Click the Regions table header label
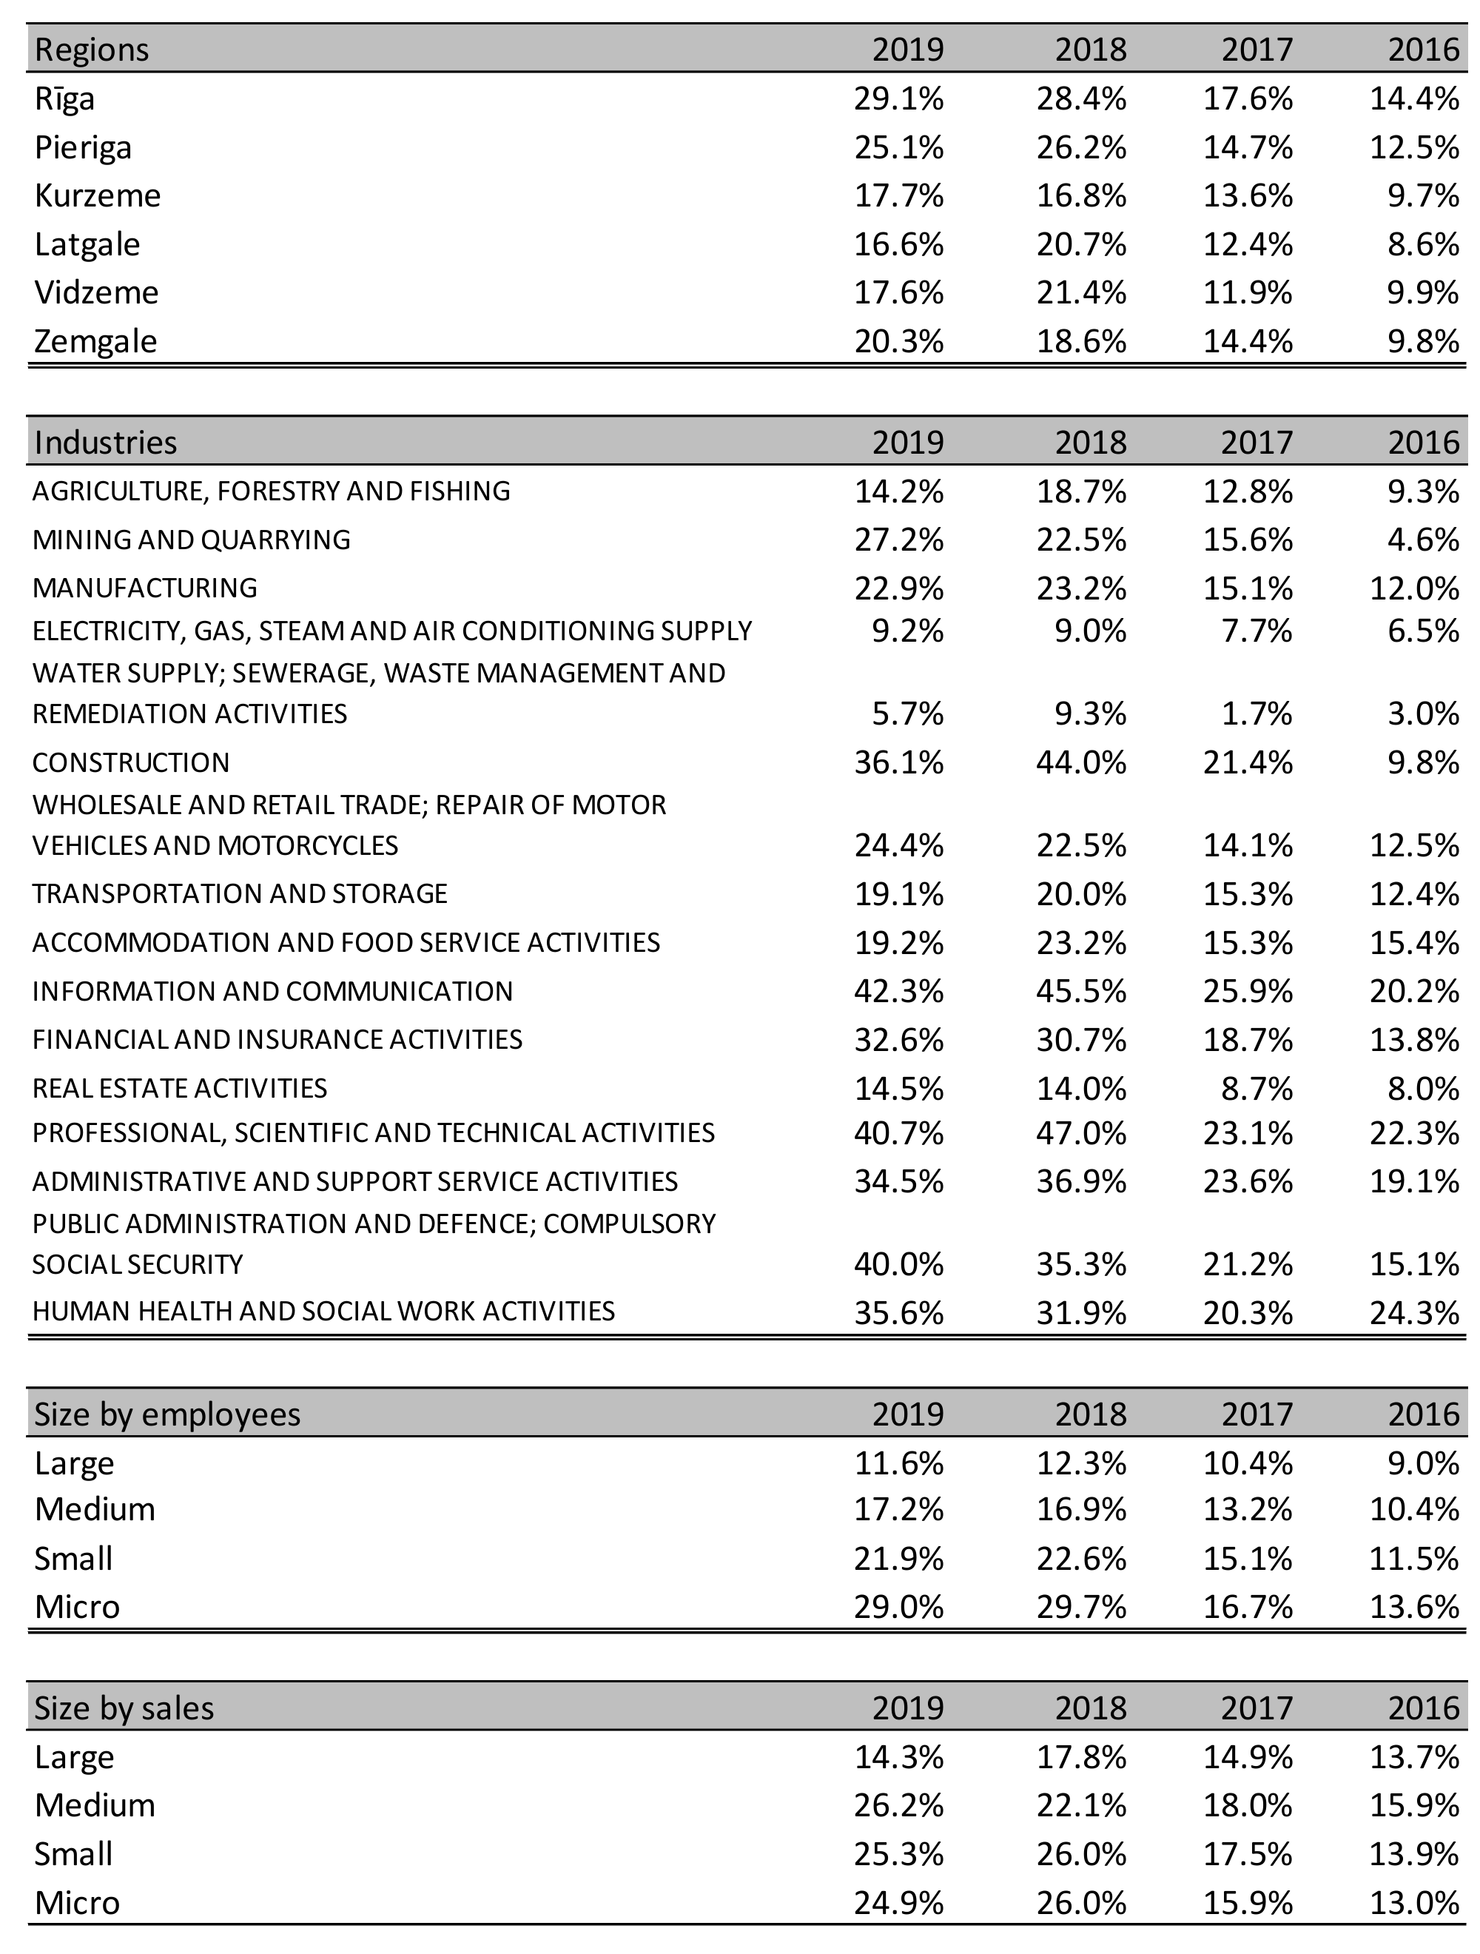(x=91, y=50)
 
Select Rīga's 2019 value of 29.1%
(x=898, y=98)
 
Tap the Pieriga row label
(x=83, y=147)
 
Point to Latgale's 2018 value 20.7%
(x=1081, y=244)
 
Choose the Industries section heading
(x=105, y=442)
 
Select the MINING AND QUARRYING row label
(x=191, y=539)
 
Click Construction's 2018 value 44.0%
(x=1081, y=762)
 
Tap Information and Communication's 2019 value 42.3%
(x=898, y=991)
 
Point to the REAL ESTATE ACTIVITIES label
(x=179, y=1088)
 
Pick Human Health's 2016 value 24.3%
(x=1414, y=1313)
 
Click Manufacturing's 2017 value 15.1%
(x=1248, y=588)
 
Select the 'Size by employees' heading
(x=167, y=1414)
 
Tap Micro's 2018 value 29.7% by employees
(x=1081, y=1606)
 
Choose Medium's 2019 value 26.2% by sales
(x=898, y=1804)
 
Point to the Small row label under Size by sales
(x=73, y=1853)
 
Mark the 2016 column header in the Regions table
(x=1424, y=50)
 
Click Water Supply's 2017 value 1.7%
(x=1257, y=713)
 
